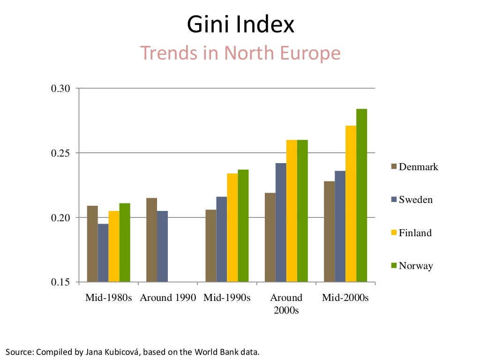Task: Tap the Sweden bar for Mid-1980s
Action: coord(103,253)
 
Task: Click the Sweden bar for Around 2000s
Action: coord(281,223)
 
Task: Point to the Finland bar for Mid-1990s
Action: coord(232,228)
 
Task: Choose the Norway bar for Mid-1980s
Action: coord(125,242)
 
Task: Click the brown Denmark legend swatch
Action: coord(394,167)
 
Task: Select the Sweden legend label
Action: coord(415,200)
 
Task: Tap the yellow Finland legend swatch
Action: coord(394,233)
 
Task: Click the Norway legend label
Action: coord(415,266)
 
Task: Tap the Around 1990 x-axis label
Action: coord(167,298)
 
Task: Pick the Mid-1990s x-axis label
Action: coord(227,298)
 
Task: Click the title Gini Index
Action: coord(240,25)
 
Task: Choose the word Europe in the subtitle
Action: coord(310,53)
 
